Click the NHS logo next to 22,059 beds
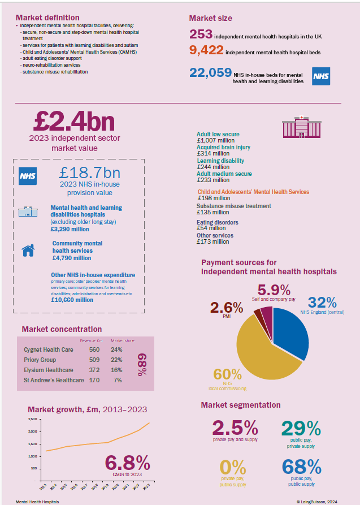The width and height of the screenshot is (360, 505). (x=320, y=75)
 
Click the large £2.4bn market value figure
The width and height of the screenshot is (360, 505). (x=74, y=121)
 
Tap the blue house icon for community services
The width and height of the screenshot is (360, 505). (x=28, y=251)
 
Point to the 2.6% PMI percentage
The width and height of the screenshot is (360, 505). (x=227, y=308)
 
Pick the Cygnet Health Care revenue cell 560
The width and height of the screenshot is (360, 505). (x=94, y=349)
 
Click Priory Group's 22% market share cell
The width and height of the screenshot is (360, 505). (x=116, y=360)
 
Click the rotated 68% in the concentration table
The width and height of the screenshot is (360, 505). (x=141, y=365)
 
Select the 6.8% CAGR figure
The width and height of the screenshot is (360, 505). (x=127, y=463)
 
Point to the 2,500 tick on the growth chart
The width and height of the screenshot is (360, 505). (x=32, y=420)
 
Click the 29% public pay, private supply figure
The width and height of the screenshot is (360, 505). (x=301, y=428)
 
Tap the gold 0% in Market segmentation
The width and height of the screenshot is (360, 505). (x=233, y=468)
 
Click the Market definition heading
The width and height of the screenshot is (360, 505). (x=47, y=18)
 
